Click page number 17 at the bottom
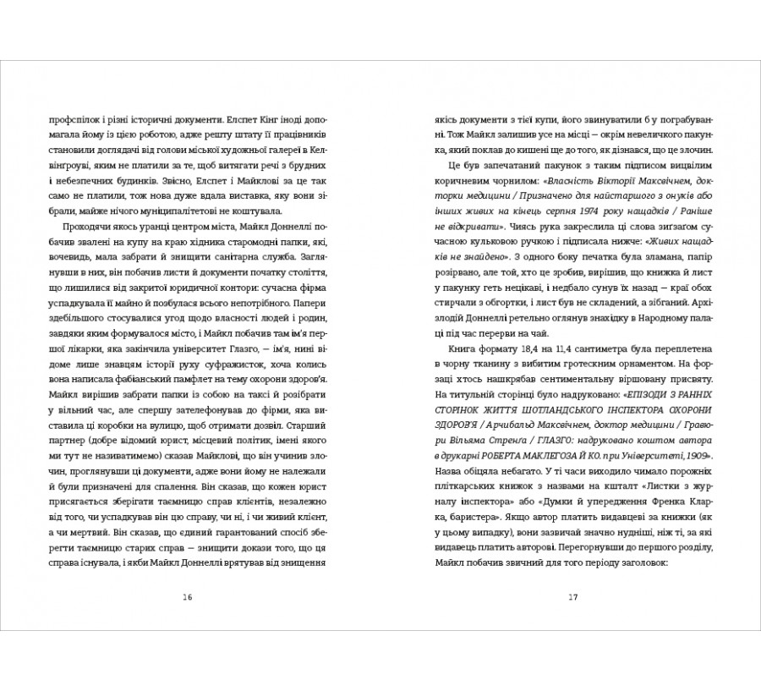pos(572,597)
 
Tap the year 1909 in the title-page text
pos(693,457)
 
